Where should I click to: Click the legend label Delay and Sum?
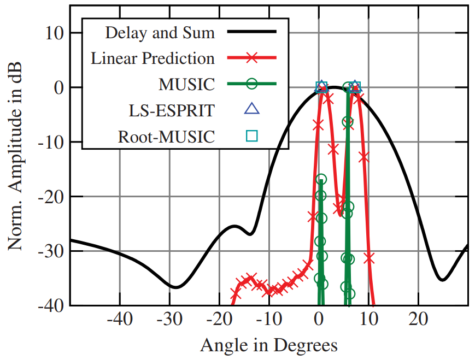coord(160,32)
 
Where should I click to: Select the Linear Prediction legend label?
coord(153,58)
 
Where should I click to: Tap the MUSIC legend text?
coord(186,84)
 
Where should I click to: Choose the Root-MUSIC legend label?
coord(166,137)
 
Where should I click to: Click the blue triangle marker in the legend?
coord(251,109)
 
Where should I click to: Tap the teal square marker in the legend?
coord(251,136)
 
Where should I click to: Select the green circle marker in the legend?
coord(251,84)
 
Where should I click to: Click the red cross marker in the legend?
coord(251,58)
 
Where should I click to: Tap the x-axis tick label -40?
coord(120,318)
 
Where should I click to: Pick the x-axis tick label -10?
coord(269,318)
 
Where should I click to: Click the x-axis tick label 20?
coord(418,318)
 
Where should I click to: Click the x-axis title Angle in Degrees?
coord(268,345)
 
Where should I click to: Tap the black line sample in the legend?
coord(251,32)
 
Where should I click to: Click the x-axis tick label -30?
coord(169,318)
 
